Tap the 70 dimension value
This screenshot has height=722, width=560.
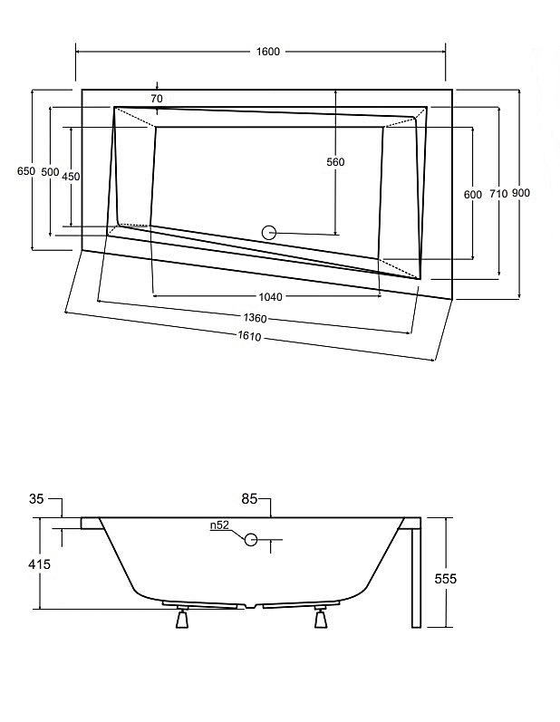(x=157, y=98)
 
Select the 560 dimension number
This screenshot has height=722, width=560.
(x=335, y=162)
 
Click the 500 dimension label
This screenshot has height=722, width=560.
(x=50, y=171)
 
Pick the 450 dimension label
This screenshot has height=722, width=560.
(x=71, y=177)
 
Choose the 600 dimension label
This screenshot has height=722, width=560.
(x=472, y=194)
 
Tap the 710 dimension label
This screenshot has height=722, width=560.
(x=498, y=194)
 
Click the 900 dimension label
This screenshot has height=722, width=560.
(x=520, y=193)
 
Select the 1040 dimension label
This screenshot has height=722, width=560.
(x=270, y=296)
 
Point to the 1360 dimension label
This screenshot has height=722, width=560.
(x=256, y=318)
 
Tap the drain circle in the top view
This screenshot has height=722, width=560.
(x=269, y=232)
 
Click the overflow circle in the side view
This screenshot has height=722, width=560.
(x=251, y=541)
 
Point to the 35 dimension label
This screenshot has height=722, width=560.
(x=37, y=499)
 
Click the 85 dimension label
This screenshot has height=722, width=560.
(x=250, y=498)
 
